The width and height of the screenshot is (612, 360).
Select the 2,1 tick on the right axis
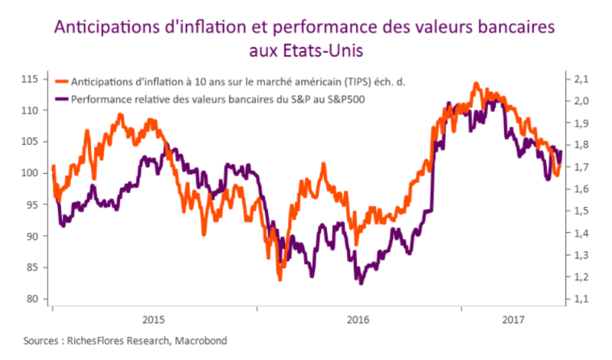[581, 79]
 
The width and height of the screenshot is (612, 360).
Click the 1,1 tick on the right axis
[581, 299]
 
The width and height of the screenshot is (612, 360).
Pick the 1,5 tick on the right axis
[581, 211]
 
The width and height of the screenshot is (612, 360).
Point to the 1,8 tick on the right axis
[581, 145]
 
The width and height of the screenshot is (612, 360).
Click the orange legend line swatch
[60, 82]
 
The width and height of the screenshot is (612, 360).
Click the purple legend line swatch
[60, 100]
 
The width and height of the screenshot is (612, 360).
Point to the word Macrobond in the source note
[204, 341]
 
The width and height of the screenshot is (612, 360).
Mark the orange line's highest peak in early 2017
[476, 83]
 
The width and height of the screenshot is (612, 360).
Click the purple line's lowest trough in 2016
[361, 283]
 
